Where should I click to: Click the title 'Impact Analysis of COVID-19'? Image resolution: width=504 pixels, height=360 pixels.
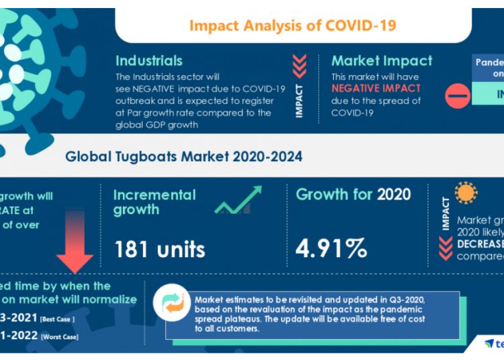pyautogui.click(x=292, y=26)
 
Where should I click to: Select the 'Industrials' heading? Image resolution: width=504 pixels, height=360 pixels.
pyautogui.click(x=149, y=60)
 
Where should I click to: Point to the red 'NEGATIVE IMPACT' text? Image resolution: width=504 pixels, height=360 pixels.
pyautogui.click(x=376, y=89)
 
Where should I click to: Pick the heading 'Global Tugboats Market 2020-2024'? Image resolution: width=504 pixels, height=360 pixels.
pyautogui.click(x=183, y=156)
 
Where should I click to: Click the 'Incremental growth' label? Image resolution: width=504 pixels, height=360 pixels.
pyautogui.click(x=155, y=202)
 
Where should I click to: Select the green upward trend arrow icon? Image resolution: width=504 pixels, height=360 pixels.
pyautogui.click(x=239, y=200)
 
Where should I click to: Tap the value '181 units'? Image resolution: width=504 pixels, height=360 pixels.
pyautogui.click(x=159, y=249)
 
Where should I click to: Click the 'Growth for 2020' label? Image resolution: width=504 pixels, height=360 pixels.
pyautogui.click(x=353, y=195)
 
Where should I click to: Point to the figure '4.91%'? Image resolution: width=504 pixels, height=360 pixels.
pyautogui.click(x=331, y=248)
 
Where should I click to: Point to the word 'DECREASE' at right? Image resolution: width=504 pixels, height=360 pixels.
pyautogui.click(x=480, y=243)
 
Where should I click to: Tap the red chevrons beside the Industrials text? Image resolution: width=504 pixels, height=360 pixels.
pyautogui.click(x=300, y=67)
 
